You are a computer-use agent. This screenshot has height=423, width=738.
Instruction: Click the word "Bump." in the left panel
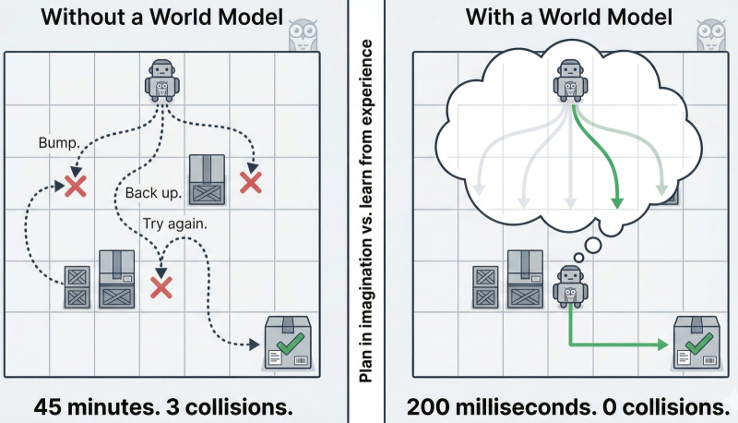point(59,142)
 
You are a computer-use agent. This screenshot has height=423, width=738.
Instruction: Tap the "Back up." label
point(153,193)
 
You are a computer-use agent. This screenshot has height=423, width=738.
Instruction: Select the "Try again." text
point(175,224)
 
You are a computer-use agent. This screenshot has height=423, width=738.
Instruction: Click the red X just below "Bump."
point(76,187)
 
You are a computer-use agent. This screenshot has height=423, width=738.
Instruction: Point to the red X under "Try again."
point(161,287)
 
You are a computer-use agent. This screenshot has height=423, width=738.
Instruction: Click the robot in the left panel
point(162,80)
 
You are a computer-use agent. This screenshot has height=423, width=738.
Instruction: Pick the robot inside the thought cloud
point(570,80)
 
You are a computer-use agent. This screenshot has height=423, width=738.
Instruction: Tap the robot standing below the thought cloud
point(570,286)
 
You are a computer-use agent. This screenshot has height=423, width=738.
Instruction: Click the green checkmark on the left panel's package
point(291,344)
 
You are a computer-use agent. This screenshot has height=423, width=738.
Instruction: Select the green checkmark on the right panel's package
point(699,344)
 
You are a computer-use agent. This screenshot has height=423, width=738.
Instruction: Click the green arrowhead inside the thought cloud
point(617,202)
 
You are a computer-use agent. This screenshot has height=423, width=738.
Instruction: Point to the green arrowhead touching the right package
point(662,344)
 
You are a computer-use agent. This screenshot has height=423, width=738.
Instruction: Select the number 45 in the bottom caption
point(47,406)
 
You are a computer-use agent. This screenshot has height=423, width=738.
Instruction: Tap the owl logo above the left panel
point(303,35)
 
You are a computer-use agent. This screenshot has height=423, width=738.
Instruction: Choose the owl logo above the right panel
point(710,35)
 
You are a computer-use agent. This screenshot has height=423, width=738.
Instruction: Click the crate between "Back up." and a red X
point(207,179)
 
